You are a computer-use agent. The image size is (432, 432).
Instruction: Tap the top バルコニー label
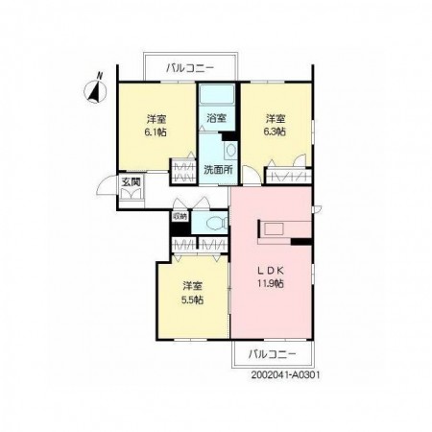190,68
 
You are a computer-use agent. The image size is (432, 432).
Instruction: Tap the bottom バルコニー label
273,354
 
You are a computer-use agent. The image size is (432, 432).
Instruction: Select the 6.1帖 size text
156,132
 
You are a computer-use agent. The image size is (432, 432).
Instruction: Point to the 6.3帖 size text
275,132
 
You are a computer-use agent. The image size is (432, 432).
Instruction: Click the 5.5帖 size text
192,300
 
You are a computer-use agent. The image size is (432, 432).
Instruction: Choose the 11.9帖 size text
271,283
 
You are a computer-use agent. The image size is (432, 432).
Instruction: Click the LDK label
271,271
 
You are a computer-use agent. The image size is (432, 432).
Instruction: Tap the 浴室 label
217,118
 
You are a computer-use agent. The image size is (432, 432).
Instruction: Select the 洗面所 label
218,170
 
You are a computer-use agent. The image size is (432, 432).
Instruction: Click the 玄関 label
132,181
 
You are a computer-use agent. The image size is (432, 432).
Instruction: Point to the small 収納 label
180,216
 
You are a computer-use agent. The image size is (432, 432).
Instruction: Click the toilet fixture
217,223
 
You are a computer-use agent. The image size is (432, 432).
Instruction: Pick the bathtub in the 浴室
216,94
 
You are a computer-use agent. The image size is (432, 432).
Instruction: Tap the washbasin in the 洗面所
230,151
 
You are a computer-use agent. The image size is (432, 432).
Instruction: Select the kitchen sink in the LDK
274,229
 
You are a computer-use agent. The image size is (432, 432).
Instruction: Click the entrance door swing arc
103,185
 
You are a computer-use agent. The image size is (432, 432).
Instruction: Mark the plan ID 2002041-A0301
285,375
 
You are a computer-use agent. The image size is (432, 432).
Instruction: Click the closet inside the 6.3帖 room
289,176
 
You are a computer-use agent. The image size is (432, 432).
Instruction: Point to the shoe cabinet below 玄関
132,194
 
